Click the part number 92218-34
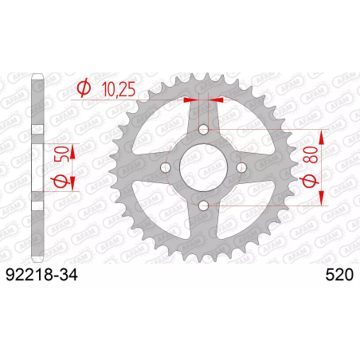(x=41, y=275)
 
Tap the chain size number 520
(x=339, y=275)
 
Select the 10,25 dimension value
(x=119, y=88)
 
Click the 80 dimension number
(x=313, y=155)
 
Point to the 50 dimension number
(x=61, y=154)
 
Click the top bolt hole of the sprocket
(x=204, y=130)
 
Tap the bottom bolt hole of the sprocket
(x=204, y=205)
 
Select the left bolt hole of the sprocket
(x=166, y=167)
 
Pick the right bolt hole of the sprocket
(x=241, y=167)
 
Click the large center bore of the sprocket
(x=204, y=167)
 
